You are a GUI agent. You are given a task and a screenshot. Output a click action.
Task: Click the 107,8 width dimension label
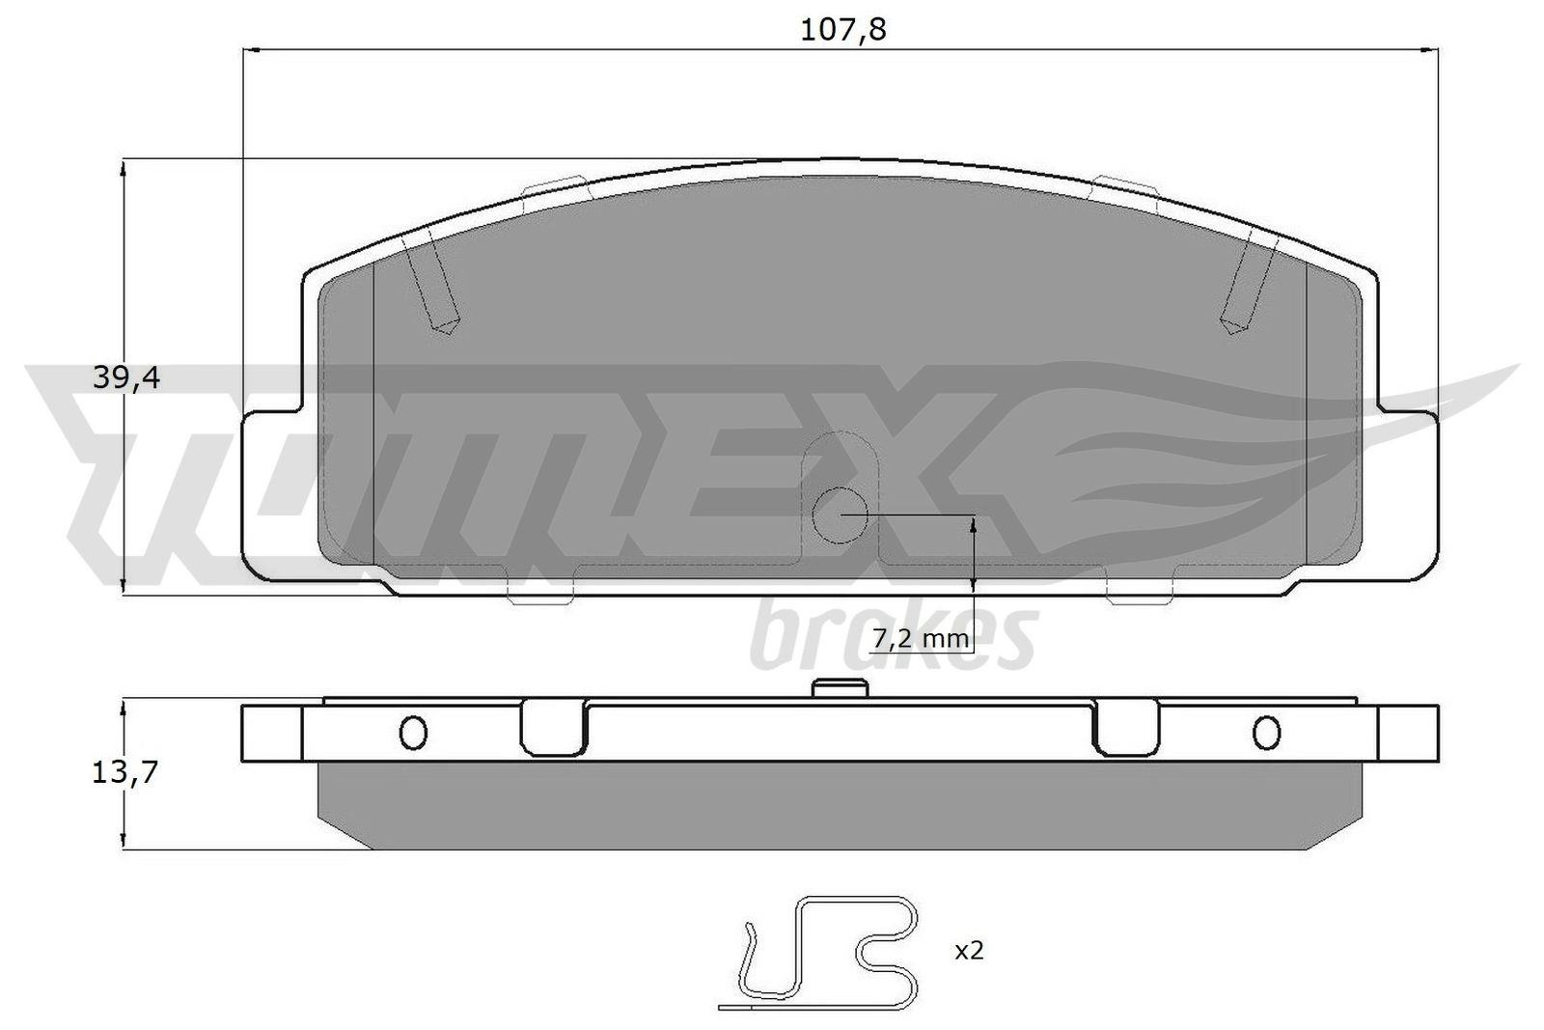click(842, 30)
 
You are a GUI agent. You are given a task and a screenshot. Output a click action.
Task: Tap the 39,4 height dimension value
click(126, 378)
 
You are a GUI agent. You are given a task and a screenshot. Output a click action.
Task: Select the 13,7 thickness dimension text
click(124, 773)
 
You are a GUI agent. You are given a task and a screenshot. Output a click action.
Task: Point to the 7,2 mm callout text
click(921, 639)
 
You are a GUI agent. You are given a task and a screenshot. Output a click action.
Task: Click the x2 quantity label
click(969, 952)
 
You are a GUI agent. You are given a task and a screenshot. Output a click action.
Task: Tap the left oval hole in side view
click(414, 733)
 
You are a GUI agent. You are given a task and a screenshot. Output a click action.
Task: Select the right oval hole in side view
click(1267, 733)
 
